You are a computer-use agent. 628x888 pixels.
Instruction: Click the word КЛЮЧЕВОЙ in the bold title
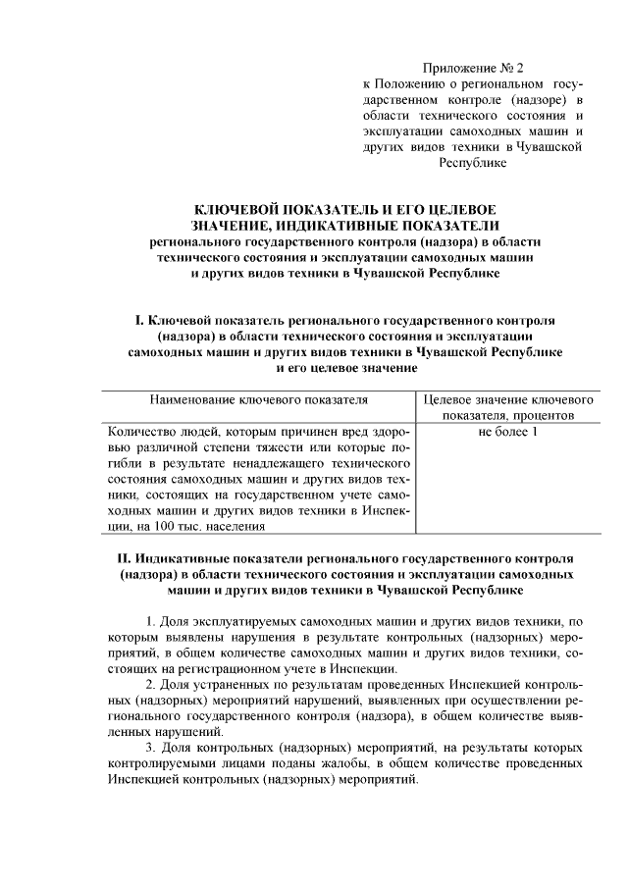[x=239, y=210]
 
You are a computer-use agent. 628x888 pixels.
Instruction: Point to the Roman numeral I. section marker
[x=139, y=321]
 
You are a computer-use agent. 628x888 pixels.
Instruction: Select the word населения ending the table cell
[x=233, y=526]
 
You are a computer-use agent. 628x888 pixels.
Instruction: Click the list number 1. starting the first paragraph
[x=152, y=621]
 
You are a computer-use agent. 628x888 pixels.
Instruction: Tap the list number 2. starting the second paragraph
[x=152, y=684]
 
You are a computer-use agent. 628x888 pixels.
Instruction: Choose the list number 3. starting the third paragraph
[x=152, y=747]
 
